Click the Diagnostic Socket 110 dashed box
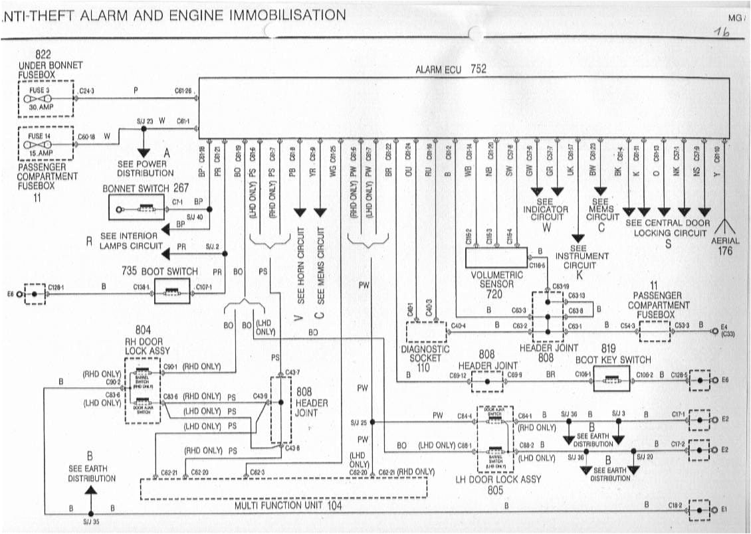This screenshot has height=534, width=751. point(426,331)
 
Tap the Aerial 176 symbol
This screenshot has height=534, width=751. point(724,226)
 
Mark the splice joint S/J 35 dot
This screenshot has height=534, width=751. point(90,513)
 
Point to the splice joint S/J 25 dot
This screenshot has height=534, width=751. point(372,422)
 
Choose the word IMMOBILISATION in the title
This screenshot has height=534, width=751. point(287,15)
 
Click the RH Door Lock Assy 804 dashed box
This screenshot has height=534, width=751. point(142,391)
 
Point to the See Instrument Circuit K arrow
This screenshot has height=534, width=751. point(578,236)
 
